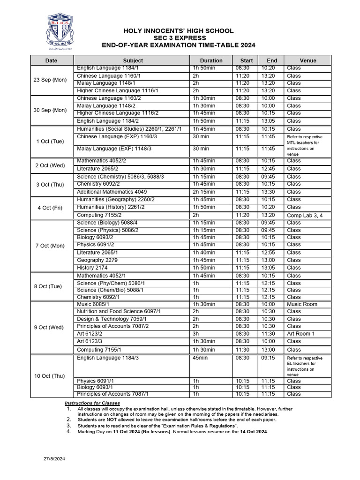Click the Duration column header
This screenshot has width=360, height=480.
click(x=211, y=60)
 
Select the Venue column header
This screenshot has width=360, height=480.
click(x=307, y=60)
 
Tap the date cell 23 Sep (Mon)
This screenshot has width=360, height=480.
click(x=50, y=80)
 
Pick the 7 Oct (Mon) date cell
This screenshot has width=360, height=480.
click(x=50, y=246)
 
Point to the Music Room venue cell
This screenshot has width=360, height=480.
click(x=302, y=304)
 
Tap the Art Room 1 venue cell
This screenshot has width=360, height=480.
click(x=300, y=334)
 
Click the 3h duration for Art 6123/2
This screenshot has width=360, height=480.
click(x=196, y=334)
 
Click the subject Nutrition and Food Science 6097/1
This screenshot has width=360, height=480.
click(x=119, y=311)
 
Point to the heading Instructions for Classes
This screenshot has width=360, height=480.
click(x=92, y=403)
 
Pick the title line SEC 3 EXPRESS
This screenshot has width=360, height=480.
click(x=179, y=38)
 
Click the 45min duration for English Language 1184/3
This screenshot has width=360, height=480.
click(x=200, y=358)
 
